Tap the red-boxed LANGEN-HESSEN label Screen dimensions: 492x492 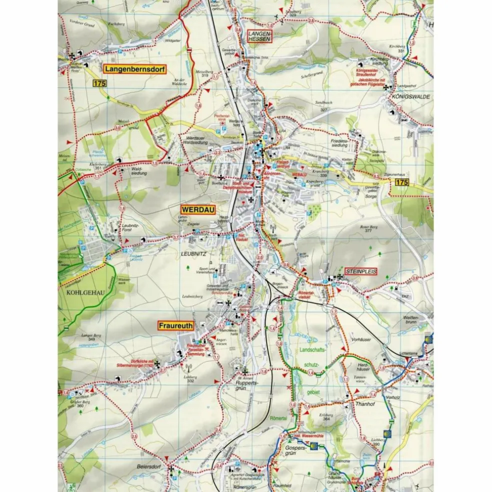click(x=258, y=35)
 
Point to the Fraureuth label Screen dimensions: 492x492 click(x=175, y=325)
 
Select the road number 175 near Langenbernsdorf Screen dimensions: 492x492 click(x=99, y=84)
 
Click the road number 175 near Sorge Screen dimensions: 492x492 click(x=401, y=182)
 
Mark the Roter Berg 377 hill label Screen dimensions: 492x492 click(x=367, y=228)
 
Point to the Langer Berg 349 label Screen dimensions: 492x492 click(x=91, y=337)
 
